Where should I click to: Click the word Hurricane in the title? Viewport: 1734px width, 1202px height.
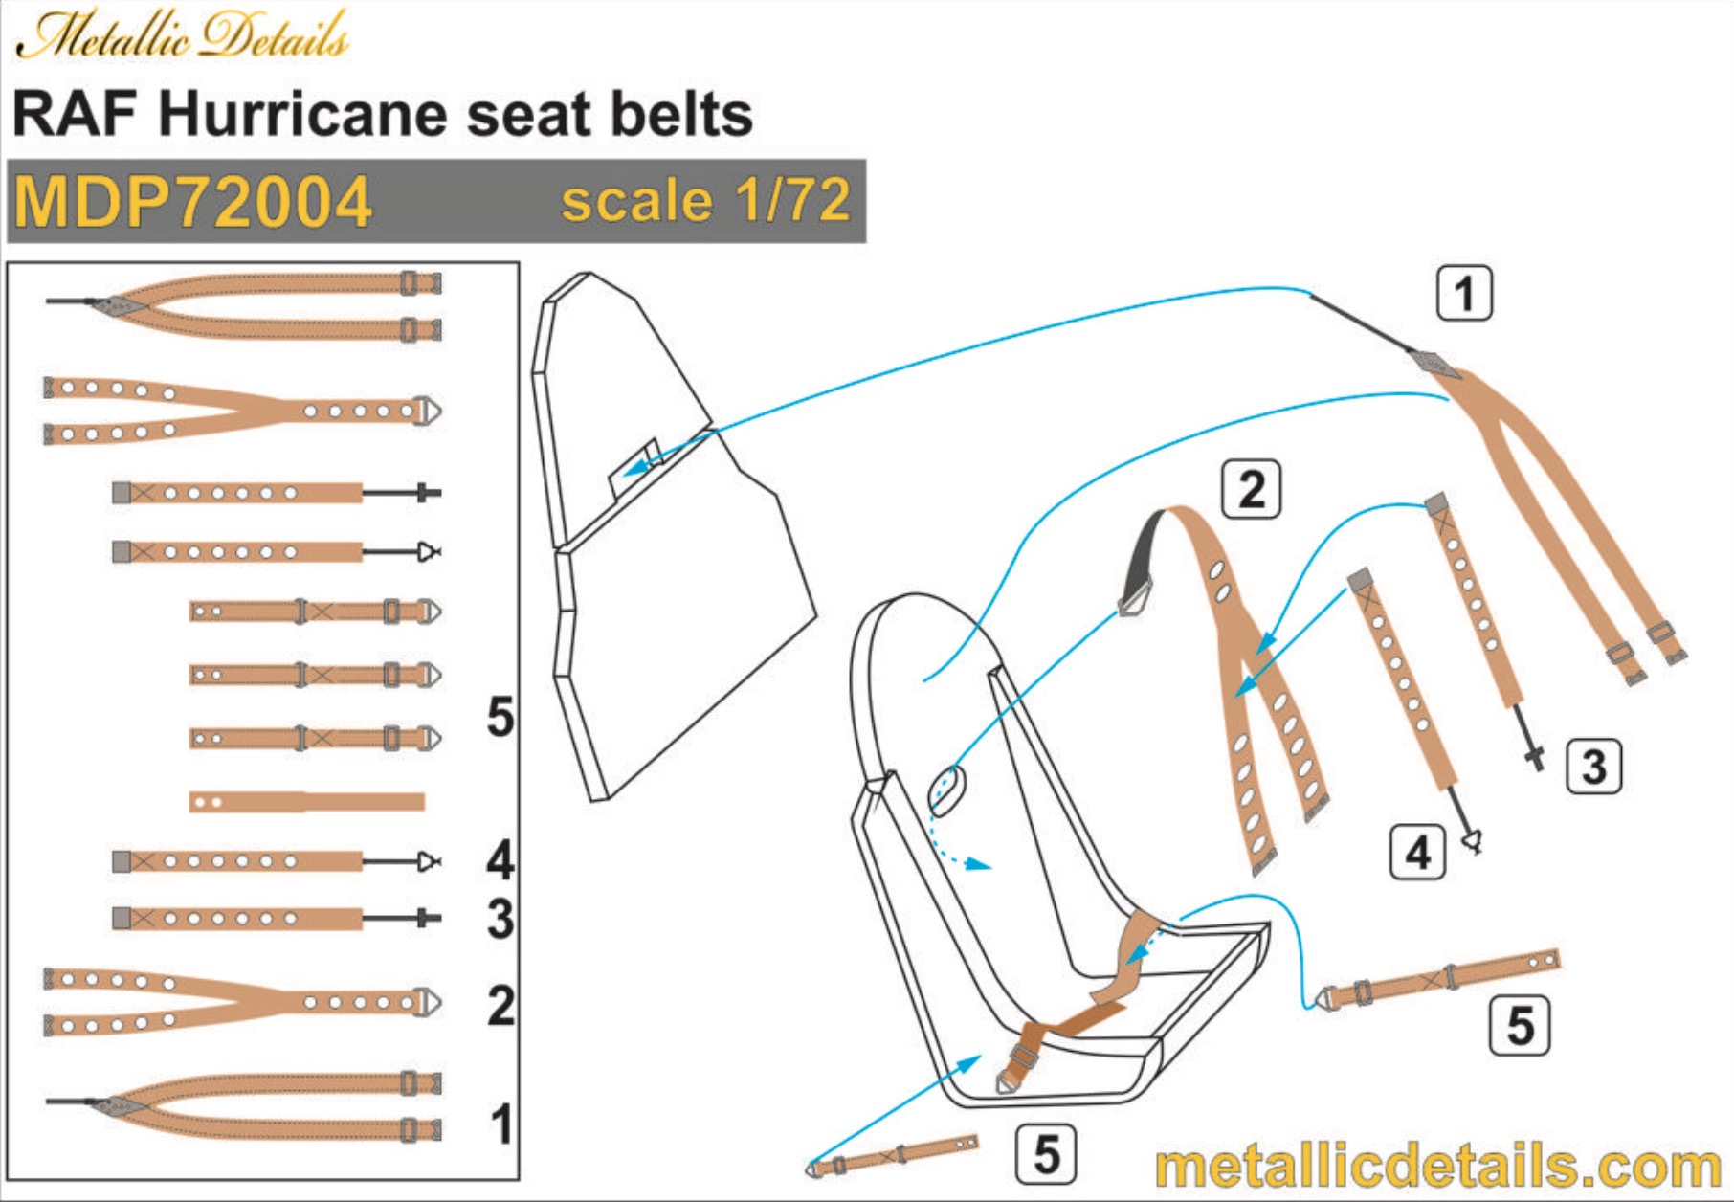[x=303, y=115]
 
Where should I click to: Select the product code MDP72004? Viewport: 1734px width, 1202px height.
[x=192, y=202]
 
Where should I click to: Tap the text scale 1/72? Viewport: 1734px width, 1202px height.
[x=705, y=201]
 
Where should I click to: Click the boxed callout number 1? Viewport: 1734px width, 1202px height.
[x=1464, y=293]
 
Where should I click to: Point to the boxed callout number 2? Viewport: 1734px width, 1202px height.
[x=1252, y=490]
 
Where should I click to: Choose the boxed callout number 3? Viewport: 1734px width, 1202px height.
[x=1593, y=767]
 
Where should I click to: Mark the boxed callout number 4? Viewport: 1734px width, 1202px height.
[x=1417, y=852]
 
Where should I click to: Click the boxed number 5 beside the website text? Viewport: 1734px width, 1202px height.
[x=1045, y=1154]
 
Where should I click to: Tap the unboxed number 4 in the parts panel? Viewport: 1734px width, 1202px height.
[x=500, y=859]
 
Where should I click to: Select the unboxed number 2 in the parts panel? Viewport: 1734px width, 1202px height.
[x=500, y=1006]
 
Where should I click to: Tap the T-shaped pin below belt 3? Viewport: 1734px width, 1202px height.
[x=1534, y=759]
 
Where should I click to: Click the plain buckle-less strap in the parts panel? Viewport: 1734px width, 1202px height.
[x=307, y=801]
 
